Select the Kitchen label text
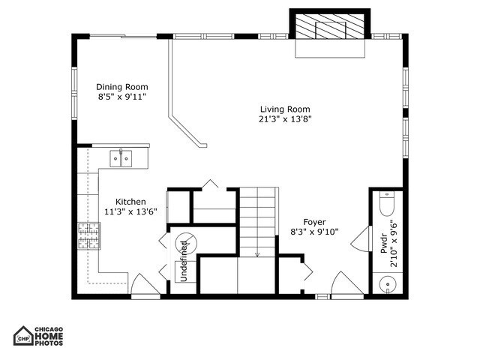(130, 202)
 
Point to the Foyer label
(314, 221)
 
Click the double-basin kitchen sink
(121, 157)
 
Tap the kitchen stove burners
(88, 236)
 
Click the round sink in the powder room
(387, 284)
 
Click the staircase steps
(257, 222)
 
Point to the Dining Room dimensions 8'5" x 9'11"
(121, 97)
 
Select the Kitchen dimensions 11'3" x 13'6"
(130, 212)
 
